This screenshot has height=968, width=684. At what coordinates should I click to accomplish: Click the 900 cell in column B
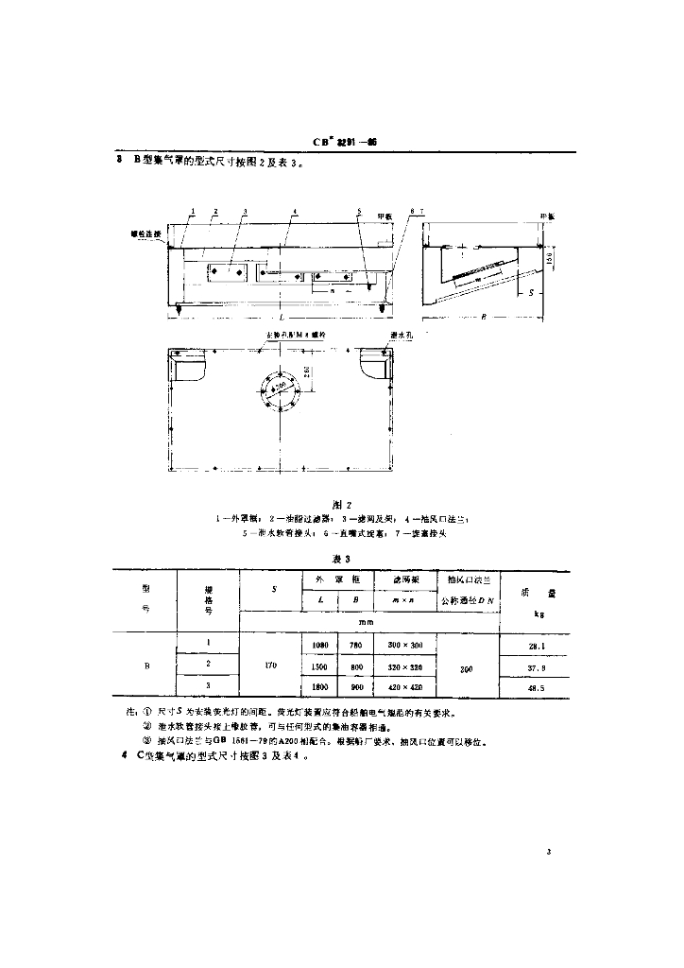[x=356, y=687]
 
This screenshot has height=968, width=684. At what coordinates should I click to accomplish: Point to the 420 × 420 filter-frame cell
[x=404, y=687]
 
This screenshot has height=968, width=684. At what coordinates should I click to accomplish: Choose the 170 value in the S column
[x=271, y=665]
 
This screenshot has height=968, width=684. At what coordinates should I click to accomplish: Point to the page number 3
[x=548, y=853]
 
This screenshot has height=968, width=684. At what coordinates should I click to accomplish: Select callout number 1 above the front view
[x=193, y=212]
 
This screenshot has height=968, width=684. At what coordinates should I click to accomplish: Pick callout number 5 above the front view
[x=359, y=212]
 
